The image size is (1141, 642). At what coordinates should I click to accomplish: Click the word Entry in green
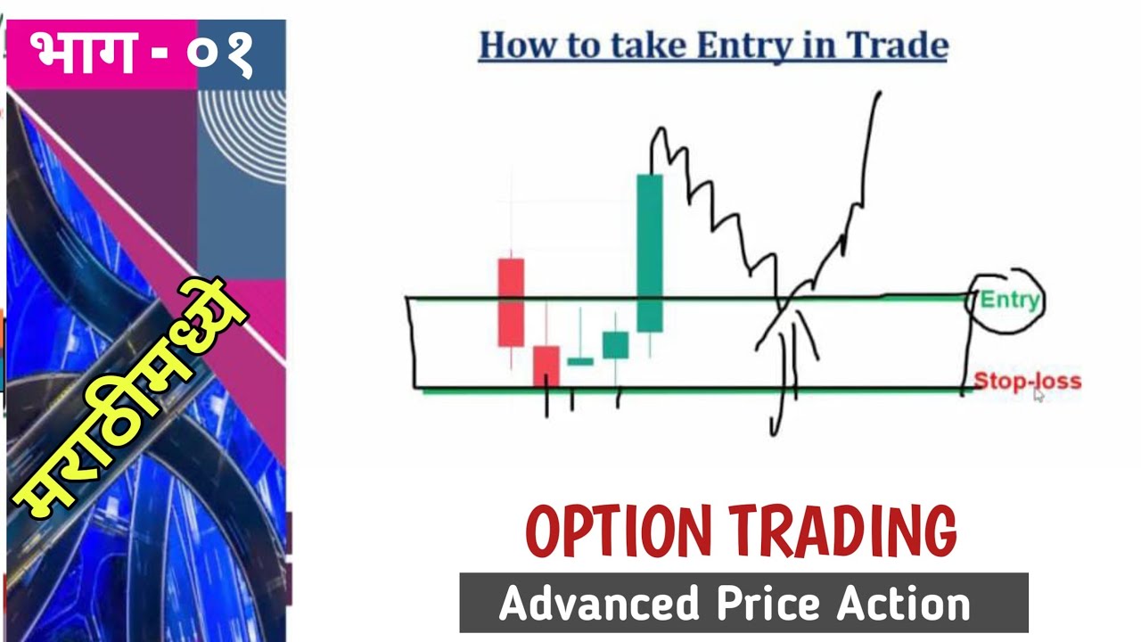(x=1009, y=300)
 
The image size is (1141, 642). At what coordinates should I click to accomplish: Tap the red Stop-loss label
(x=1027, y=381)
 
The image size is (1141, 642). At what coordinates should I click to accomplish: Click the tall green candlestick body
(x=650, y=253)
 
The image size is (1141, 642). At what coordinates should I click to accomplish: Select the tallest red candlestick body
(x=511, y=302)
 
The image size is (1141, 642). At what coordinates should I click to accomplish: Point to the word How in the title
(x=510, y=45)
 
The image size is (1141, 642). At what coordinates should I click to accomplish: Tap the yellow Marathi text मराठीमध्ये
(x=134, y=397)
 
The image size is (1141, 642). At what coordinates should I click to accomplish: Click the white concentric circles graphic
(x=242, y=134)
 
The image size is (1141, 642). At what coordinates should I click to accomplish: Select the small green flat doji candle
(x=580, y=361)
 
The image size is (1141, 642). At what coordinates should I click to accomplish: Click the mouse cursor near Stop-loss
(x=1038, y=394)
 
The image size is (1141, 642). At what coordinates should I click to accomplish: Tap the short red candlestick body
(x=546, y=366)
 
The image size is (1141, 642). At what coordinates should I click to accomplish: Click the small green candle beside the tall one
(x=615, y=345)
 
